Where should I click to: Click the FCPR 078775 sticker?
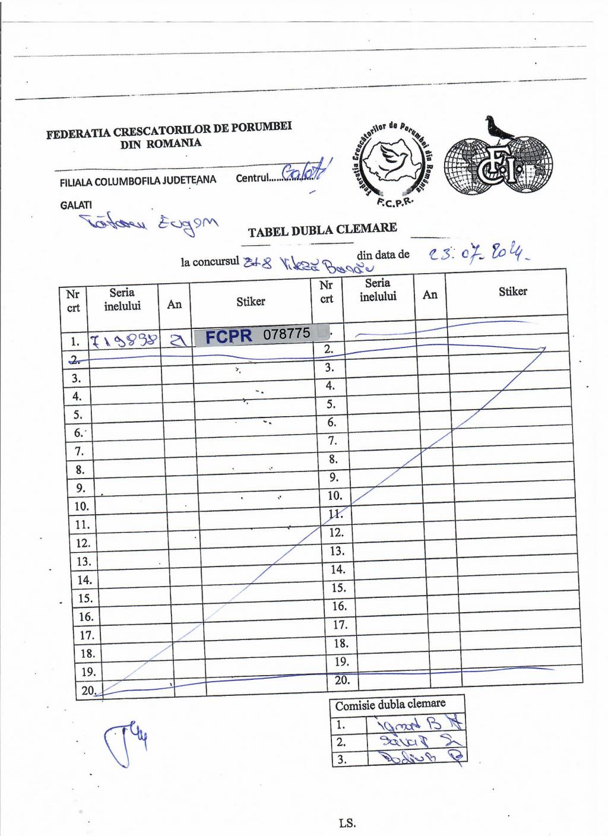coord(260,335)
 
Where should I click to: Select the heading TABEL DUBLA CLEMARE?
coord(322,230)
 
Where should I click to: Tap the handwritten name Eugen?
coord(188,226)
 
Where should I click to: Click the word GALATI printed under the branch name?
coord(75,204)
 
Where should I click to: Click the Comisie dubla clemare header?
coord(390,704)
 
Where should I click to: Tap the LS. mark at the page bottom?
coord(347,823)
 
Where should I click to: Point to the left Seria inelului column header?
coord(122,299)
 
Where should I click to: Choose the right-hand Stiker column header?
coord(512,292)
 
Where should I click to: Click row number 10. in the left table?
coord(81,506)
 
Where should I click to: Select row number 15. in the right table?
coord(338,588)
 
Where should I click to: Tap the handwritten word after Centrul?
coord(305,173)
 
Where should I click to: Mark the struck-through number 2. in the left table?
coord(75,358)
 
